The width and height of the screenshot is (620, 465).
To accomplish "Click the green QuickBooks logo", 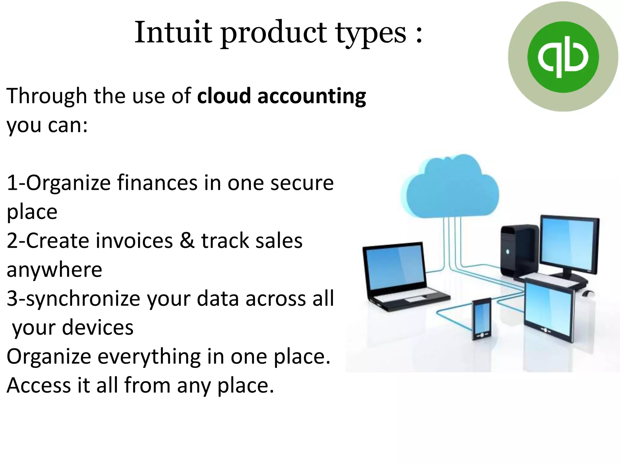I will click(x=563, y=57).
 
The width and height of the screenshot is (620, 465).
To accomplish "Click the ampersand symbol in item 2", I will click(x=187, y=241).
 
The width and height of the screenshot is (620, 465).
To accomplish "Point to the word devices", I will click(x=97, y=328).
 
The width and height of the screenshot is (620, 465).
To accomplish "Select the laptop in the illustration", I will click(x=400, y=275).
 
